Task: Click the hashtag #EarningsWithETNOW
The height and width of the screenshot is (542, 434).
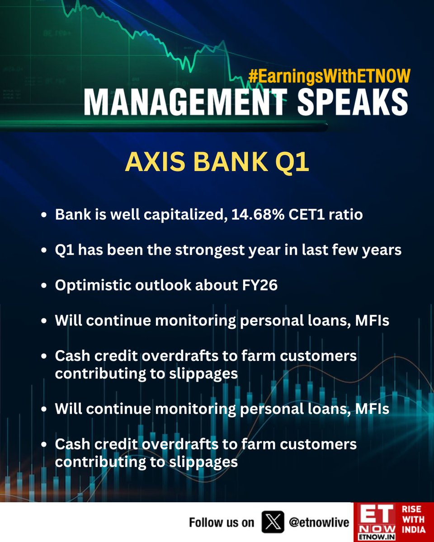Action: [330, 76]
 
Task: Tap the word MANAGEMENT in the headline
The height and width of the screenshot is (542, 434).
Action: [185, 103]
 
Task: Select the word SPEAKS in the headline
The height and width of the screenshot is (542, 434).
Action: [353, 103]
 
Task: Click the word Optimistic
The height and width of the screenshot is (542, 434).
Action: [93, 285]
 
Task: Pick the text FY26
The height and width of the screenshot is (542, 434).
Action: [260, 285]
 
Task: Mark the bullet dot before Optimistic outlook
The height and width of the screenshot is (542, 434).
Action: [44, 285]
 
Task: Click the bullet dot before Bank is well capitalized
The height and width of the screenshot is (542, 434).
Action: [44, 215]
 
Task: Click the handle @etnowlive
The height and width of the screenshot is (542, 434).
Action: [319, 523]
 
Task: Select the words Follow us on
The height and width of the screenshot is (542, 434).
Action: [222, 523]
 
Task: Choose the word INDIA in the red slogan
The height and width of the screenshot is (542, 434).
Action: [414, 529]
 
